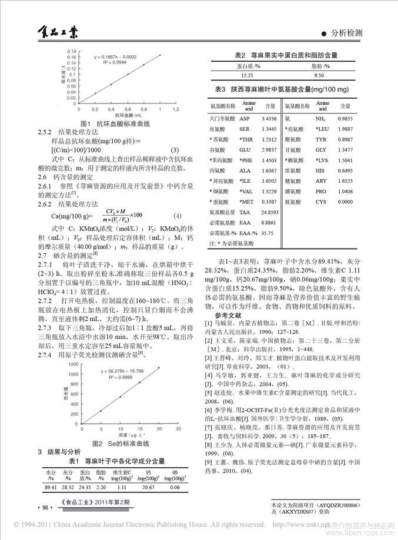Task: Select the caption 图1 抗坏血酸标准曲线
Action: click(x=115, y=124)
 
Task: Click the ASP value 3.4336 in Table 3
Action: click(x=269, y=119)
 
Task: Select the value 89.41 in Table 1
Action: click(x=50, y=487)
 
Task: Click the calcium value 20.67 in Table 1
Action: click(x=149, y=487)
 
